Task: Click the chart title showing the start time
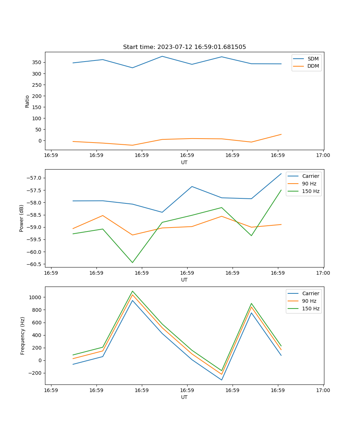click(x=184, y=47)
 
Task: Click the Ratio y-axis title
click(x=27, y=101)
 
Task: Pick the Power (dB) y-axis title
click(x=22, y=218)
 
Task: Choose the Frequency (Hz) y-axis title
click(x=23, y=336)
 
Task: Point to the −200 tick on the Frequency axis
click(x=35, y=373)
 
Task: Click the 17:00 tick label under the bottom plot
click(x=323, y=390)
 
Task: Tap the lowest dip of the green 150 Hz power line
click(x=132, y=262)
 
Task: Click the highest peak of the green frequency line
click(x=132, y=291)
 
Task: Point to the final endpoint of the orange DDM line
click(x=281, y=134)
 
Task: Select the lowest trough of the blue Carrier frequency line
click(x=222, y=380)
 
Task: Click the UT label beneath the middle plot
click(x=184, y=280)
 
